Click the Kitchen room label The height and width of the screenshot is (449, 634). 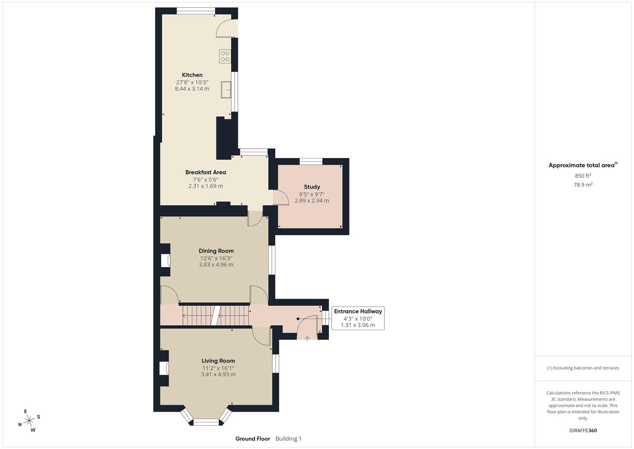[192, 75]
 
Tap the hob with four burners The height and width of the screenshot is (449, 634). [225, 56]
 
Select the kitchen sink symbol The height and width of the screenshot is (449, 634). [226, 89]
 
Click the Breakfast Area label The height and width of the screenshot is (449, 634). [206, 172]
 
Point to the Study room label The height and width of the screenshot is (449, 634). [312, 187]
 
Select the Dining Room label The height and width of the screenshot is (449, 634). [216, 251]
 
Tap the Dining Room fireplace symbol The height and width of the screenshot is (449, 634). [165, 261]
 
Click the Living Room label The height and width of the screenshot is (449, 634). [218, 361]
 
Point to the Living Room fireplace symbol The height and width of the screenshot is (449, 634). [164, 368]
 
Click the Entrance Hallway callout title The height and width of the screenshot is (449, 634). [358, 311]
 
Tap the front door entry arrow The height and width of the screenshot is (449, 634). [307, 339]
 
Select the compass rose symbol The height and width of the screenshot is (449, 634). [29, 421]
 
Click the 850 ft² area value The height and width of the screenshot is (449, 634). [583, 176]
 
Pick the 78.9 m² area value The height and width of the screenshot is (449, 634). [583, 185]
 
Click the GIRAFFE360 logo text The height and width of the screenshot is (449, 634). [583, 431]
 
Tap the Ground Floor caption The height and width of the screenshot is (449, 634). [252, 439]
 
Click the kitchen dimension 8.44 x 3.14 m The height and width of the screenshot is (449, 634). [192, 89]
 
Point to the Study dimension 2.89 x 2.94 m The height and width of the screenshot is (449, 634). [312, 201]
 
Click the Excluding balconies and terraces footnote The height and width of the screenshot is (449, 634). [583, 368]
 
